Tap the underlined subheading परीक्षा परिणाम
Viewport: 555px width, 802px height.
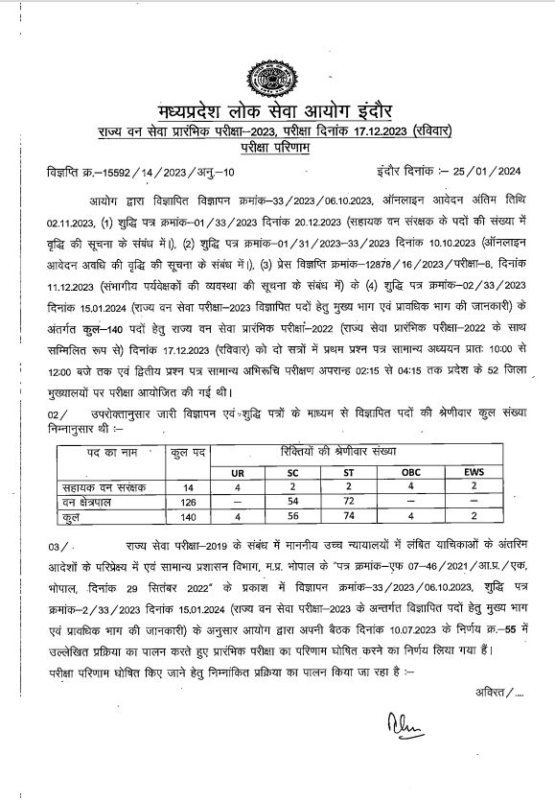276,149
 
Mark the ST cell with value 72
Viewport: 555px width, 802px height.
350,502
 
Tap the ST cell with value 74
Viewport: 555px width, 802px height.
350,516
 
